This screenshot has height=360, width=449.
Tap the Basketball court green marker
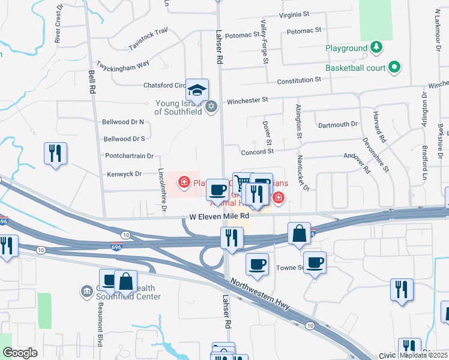[394, 68]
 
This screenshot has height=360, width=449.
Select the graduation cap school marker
[197, 91]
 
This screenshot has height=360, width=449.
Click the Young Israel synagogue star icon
[210, 107]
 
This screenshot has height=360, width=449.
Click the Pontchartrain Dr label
[129, 155]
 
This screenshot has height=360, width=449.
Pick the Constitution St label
[298, 80]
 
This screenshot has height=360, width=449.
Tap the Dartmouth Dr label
[337, 125]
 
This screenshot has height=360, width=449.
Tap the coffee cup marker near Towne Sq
[314, 262]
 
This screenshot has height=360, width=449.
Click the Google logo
[20, 353]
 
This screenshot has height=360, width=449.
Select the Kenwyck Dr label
[122, 174]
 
